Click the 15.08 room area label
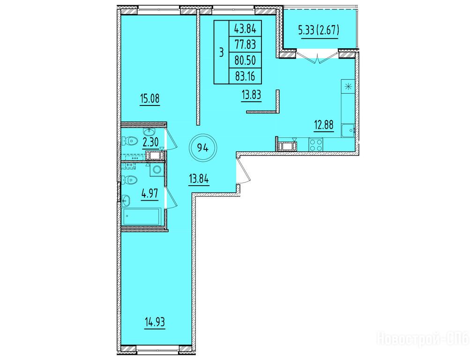(x=150, y=98)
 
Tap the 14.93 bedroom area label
(x=155, y=322)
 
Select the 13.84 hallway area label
(x=199, y=179)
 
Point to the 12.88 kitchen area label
(x=324, y=125)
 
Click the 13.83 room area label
(x=252, y=95)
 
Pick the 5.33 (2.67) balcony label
(x=319, y=30)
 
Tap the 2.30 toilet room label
(x=150, y=142)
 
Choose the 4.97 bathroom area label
(x=150, y=193)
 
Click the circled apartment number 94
(x=203, y=148)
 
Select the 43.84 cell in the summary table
(x=245, y=29)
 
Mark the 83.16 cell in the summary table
(x=245, y=76)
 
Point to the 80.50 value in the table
(x=245, y=60)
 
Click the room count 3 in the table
(x=221, y=52)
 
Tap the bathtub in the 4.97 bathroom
(x=142, y=216)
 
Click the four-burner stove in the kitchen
(x=316, y=144)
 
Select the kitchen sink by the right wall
(x=348, y=131)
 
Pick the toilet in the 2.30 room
(x=129, y=141)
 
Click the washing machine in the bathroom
(x=156, y=169)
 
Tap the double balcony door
(x=318, y=58)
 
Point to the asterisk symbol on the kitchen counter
(x=348, y=87)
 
